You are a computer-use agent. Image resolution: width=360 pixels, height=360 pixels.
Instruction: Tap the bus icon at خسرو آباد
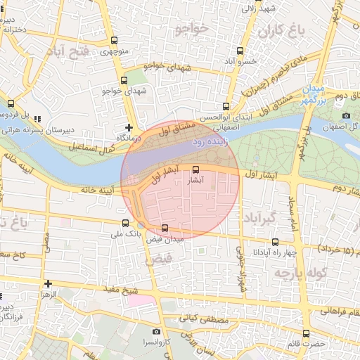(x=240, y=51)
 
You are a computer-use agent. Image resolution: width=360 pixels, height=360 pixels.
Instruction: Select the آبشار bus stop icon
(x=195, y=169)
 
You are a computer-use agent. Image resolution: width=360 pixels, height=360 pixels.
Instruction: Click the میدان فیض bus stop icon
(x=165, y=228)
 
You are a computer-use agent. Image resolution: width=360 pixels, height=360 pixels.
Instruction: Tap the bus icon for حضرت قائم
(x=306, y=333)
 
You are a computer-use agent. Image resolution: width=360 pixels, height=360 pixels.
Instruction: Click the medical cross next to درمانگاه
(x=128, y=128)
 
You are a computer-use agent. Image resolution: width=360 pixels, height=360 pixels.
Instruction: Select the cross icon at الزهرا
(x=48, y=284)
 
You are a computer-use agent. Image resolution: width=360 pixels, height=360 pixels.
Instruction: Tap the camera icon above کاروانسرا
(x=156, y=331)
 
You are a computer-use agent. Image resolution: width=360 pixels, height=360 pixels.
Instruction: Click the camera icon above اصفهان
(x=346, y=116)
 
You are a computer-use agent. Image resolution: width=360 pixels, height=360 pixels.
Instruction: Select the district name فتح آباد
(x=68, y=52)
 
